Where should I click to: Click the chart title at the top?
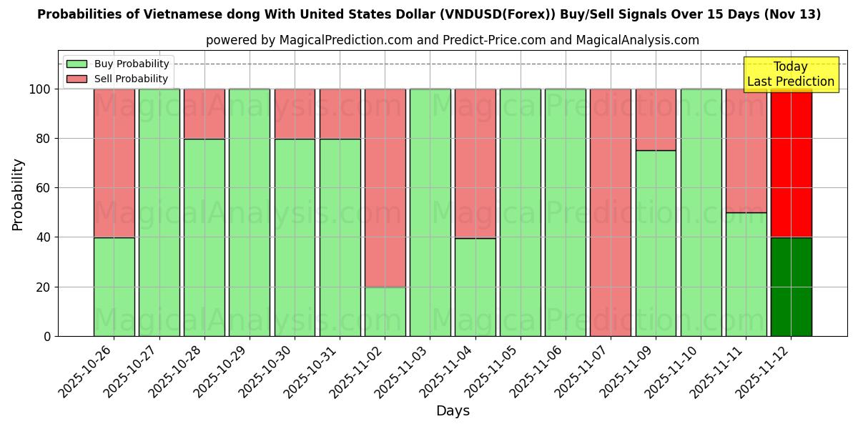pyautogui.click(x=429, y=14)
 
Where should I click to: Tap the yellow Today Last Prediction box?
pyautogui.click(x=790, y=74)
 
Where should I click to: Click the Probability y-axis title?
pyautogui.click(x=18, y=194)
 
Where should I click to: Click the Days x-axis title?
pyautogui.click(x=453, y=411)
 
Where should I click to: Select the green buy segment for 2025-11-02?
pyautogui.click(x=385, y=312)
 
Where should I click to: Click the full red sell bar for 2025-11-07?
pyautogui.click(x=610, y=212)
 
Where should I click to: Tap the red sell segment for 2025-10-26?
pyautogui.click(x=114, y=163)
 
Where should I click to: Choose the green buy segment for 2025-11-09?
pyautogui.click(x=656, y=243)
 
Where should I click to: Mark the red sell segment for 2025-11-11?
pyautogui.click(x=746, y=150)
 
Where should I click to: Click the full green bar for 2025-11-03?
pyautogui.click(x=430, y=212)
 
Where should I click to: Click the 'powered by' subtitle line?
pyautogui.click(x=453, y=40)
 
